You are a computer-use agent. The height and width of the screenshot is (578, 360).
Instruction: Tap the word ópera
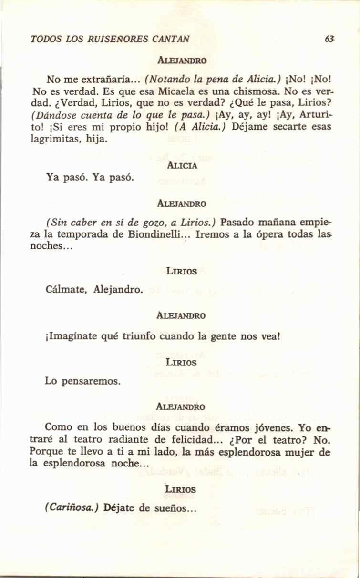pos(252,234)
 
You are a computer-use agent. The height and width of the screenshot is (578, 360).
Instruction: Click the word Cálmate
pos(66,289)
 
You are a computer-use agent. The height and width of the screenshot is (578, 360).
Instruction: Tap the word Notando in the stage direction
pos(166,77)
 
